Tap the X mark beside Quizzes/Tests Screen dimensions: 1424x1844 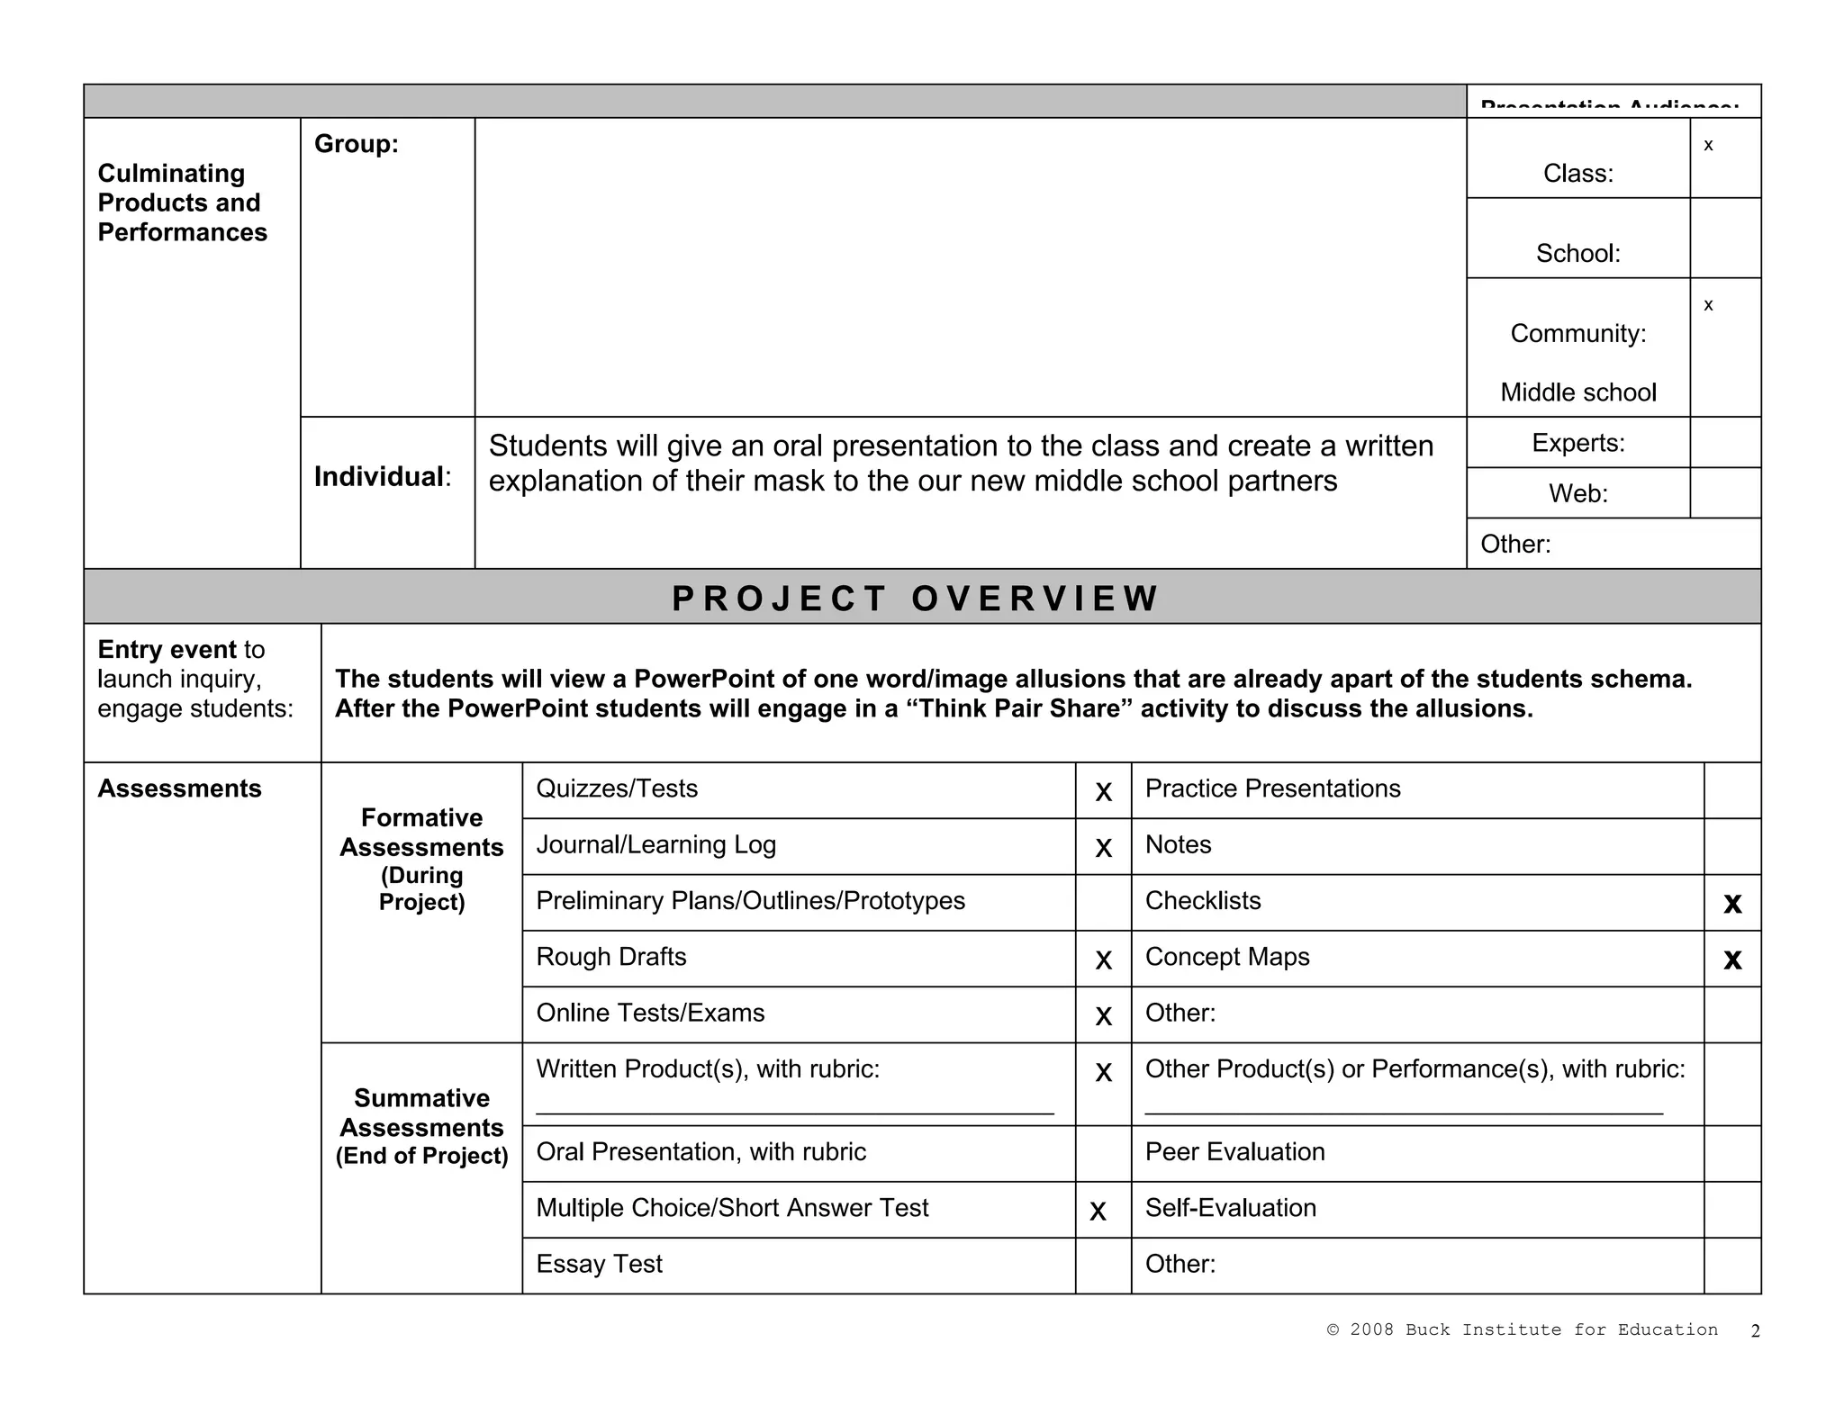click(1103, 792)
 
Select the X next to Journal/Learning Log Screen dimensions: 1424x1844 click(1103, 848)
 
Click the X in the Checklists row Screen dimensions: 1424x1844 click(1732, 904)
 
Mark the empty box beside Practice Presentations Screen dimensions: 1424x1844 click(1732, 790)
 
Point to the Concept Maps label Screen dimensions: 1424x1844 click(1226, 957)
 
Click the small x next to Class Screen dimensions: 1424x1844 click(1708, 146)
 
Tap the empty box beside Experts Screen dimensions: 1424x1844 click(1725, 442)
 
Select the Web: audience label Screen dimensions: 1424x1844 click(1577, 493)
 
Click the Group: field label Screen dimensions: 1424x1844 click(356, 144)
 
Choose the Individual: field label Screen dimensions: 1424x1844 click(383, 477)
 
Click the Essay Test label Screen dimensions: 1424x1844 click(599, 1264)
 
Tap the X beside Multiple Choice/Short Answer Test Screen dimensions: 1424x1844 click(1098, 1212)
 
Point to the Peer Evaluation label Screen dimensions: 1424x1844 click(1234, 1152)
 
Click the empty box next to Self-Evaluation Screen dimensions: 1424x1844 click(1732, 1210)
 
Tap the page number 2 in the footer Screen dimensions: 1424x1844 click(1755, 1331)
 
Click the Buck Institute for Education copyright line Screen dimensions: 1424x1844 click(1522, 1329)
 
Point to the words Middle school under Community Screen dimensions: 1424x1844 click(1577, 392)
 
